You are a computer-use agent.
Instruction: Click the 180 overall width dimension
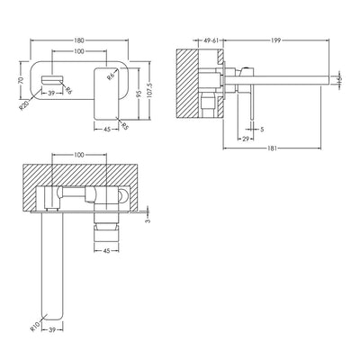(x=80, y=40)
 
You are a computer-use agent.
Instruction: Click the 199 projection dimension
(x=274, y=40)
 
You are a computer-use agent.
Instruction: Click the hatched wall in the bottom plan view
(x=81, y=171)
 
